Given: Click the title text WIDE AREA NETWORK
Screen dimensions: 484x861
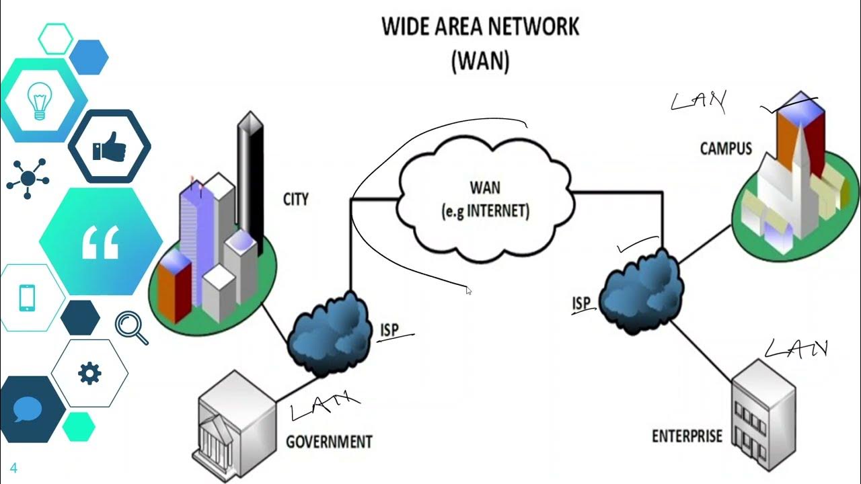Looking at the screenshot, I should point(480,27).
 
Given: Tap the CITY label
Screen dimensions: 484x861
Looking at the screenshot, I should point(295,200).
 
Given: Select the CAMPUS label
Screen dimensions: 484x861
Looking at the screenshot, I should point(726,148).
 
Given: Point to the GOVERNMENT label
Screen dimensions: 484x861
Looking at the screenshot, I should point(329,442).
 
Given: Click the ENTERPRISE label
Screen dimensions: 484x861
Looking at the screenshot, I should point(687,436).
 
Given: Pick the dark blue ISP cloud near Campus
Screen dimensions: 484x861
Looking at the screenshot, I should point(640,290).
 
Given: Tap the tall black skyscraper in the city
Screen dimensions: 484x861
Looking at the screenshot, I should point(250,175).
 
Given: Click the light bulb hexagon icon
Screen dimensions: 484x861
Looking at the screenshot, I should point(39,101).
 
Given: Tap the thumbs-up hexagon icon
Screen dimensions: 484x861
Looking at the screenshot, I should point(109,147).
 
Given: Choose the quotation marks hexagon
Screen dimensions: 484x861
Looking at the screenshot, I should point(100,241).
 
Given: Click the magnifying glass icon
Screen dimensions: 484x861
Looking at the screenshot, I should point(130,328).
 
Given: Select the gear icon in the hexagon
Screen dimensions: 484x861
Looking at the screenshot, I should point(89,372).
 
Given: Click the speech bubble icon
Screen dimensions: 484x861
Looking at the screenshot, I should point(28,409).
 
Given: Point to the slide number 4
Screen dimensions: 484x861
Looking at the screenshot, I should point(13,469).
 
